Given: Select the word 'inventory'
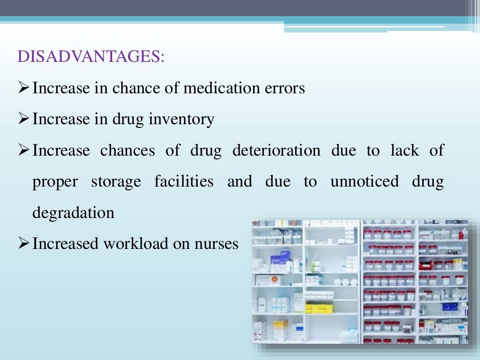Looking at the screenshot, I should (181, 119).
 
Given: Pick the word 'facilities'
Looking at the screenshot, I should (184, 181).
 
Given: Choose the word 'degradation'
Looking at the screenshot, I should (73, 213).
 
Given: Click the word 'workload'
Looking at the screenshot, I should (142, 244).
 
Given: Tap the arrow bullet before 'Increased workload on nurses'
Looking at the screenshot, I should (24, 244).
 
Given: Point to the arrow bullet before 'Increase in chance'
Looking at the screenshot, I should (24, 88).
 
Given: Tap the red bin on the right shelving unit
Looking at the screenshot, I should (426, 265).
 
